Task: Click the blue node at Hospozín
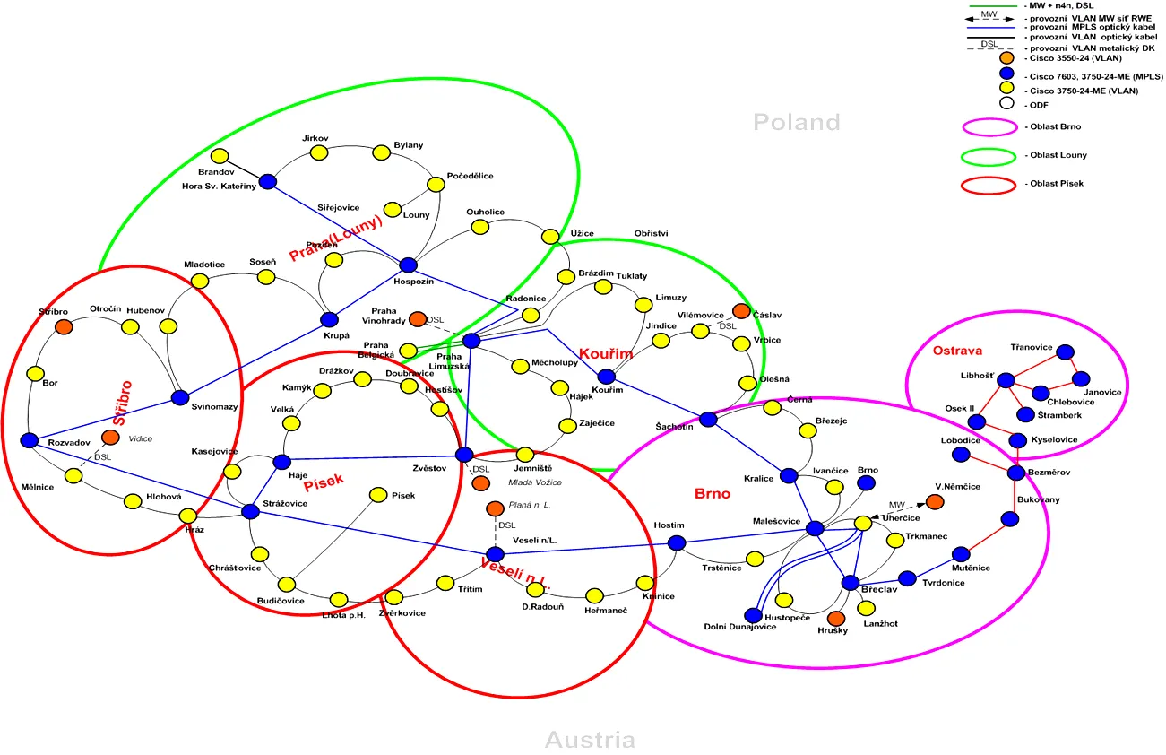(409, 265)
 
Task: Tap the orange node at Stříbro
(64, 326)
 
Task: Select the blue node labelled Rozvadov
(29, 440)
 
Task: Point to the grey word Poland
(796, 122)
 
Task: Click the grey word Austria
(590, 740)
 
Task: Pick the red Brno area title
(713, 493)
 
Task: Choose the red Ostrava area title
(957, 350)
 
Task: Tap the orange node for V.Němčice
(935, 501)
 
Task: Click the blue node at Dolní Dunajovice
(752, 615)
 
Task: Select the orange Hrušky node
(836, 618)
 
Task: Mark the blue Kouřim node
(607, 377)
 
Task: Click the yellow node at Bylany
(382, 152)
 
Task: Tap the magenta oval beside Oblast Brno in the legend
(990, 127)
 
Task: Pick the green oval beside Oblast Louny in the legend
(990, 156)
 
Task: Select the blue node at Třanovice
(1067, 352)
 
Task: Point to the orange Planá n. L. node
(494, 509)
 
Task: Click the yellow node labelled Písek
(378, 495)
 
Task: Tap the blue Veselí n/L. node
(495, 554)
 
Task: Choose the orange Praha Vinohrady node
(418, 319)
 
